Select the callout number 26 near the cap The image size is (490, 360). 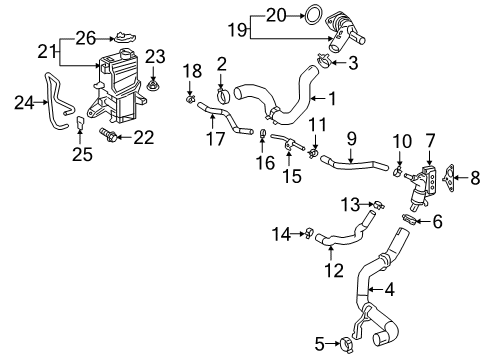pyautogui.click(x=86, y=37)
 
